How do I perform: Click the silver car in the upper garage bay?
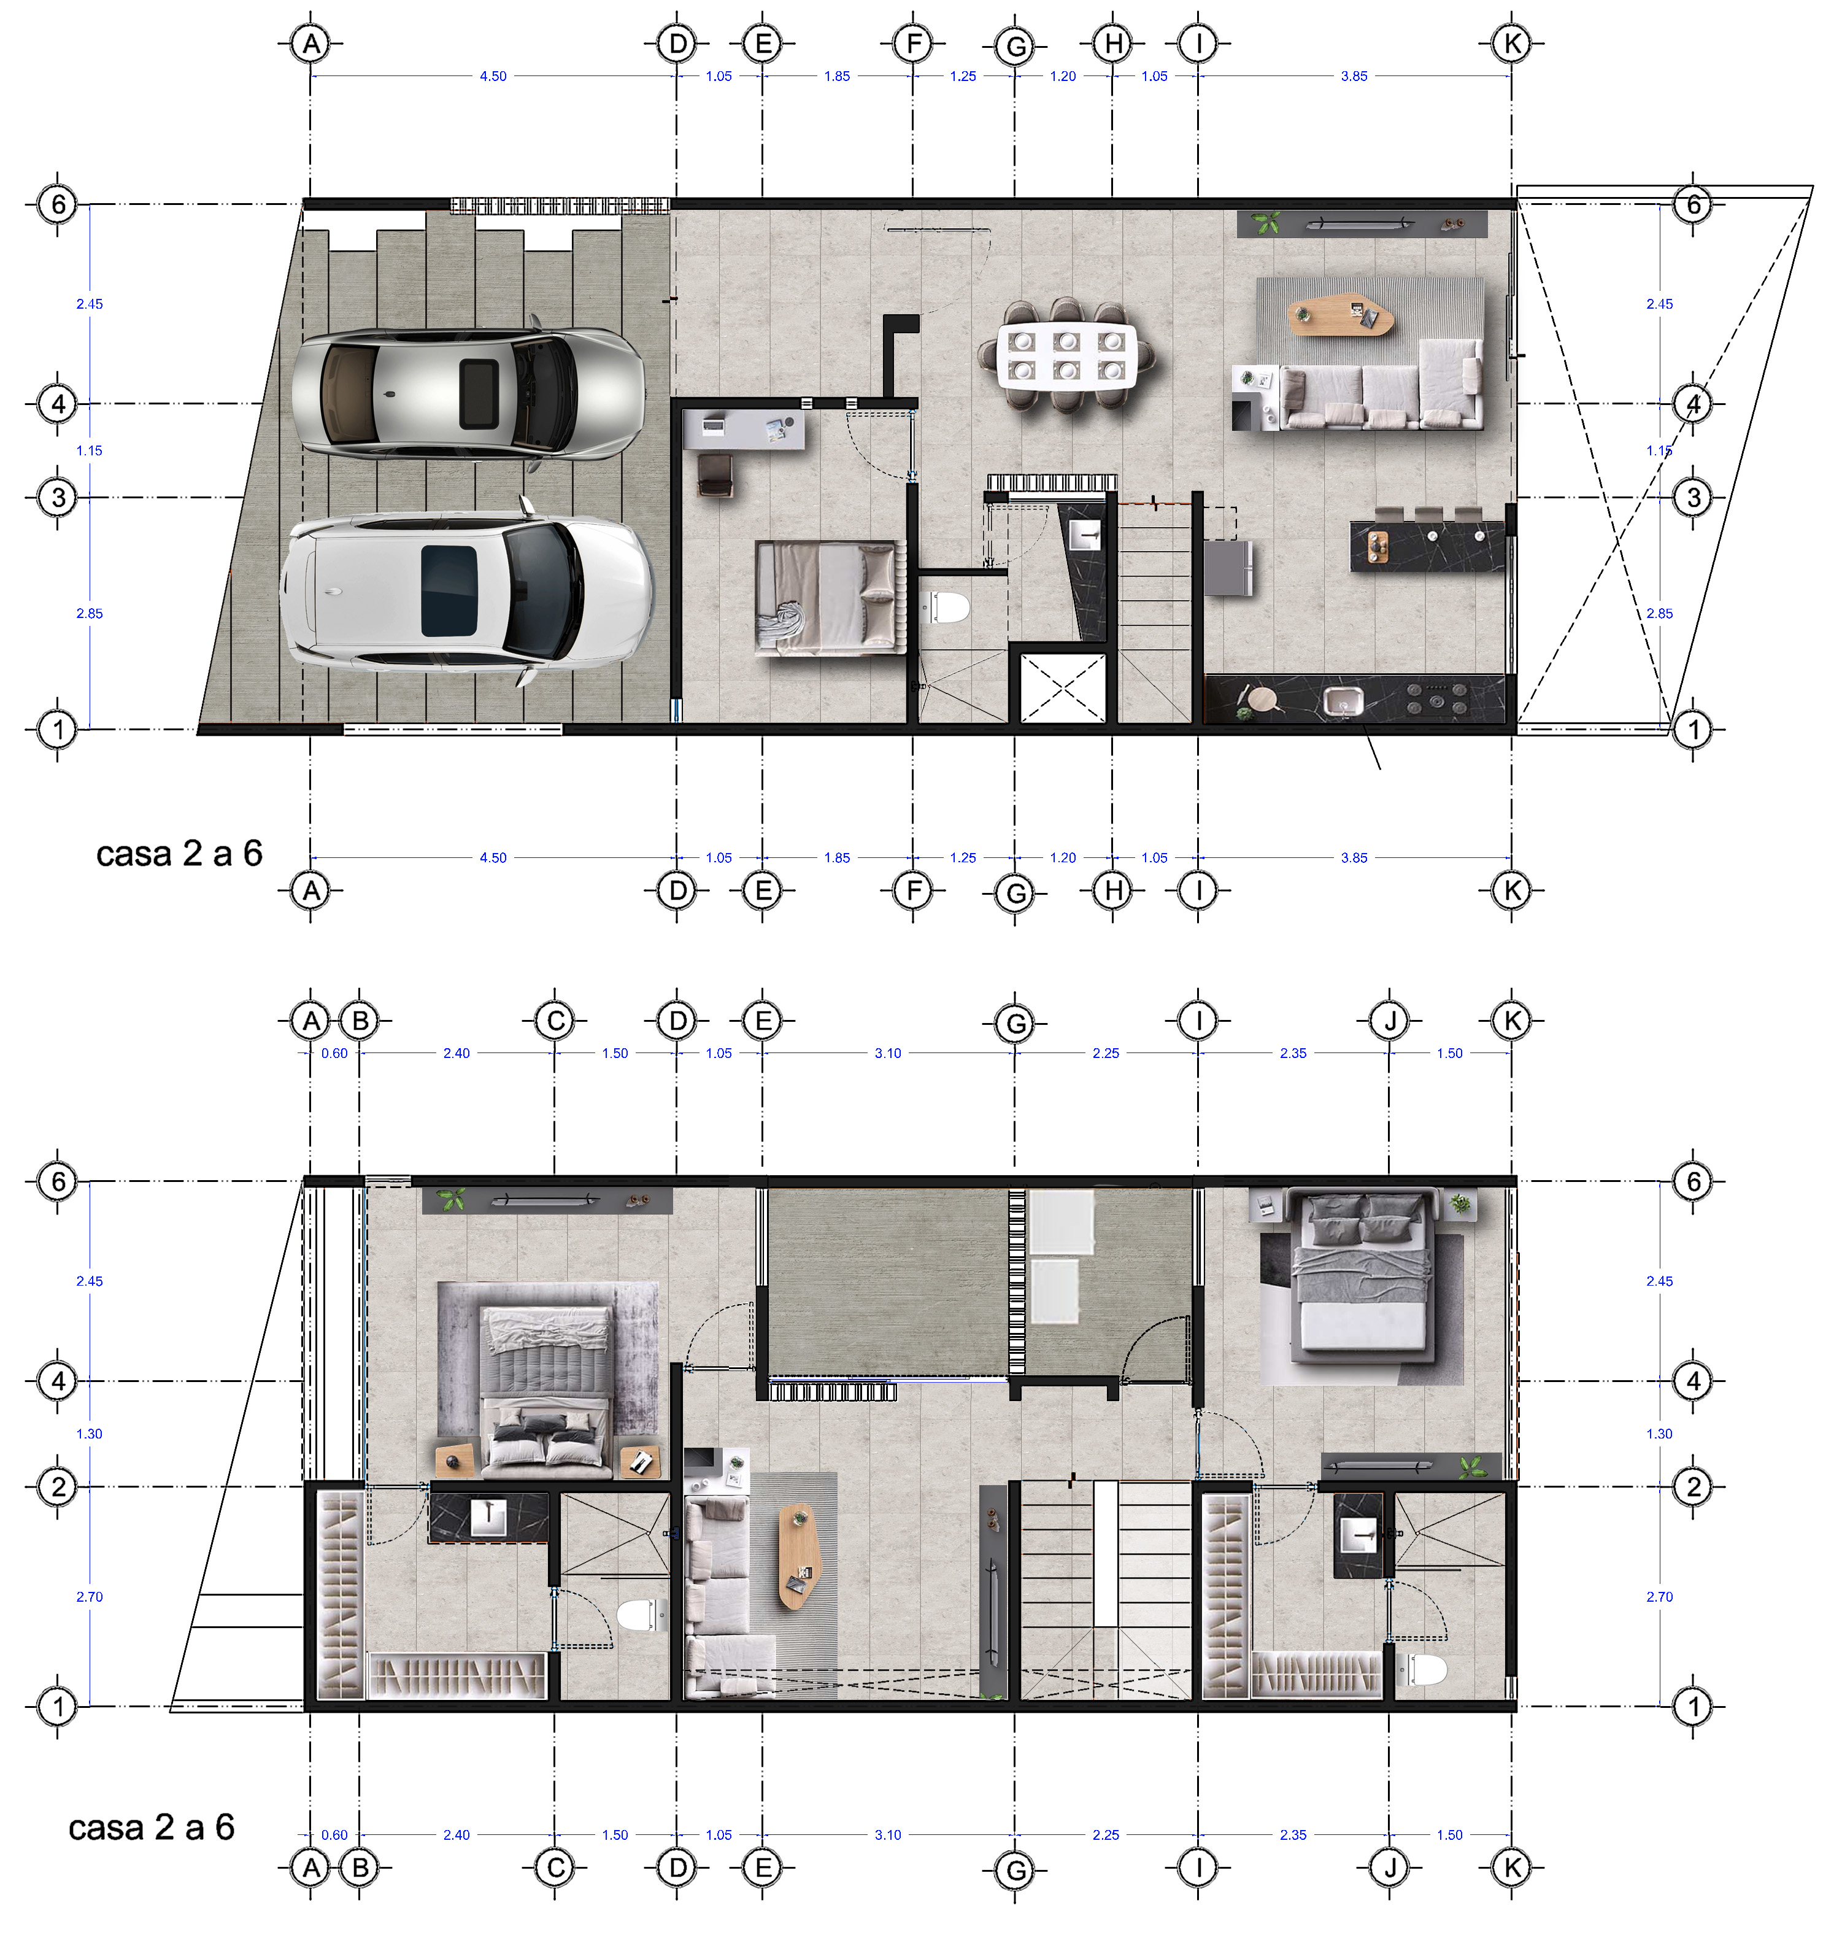[x=468, y=387]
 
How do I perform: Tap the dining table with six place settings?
[x=1066, y=355]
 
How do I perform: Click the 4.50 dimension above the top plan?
[x=493, y=75]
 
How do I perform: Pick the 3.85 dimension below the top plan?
[x=1354, y=858]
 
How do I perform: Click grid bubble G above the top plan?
[x=1015, y=46]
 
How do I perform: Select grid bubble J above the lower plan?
[x=1390, y=1021]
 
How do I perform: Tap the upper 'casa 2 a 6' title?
[x=180, y=853]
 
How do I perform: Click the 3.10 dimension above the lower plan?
[x=888, y=1052]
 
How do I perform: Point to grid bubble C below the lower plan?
[x=555, y=1867]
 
